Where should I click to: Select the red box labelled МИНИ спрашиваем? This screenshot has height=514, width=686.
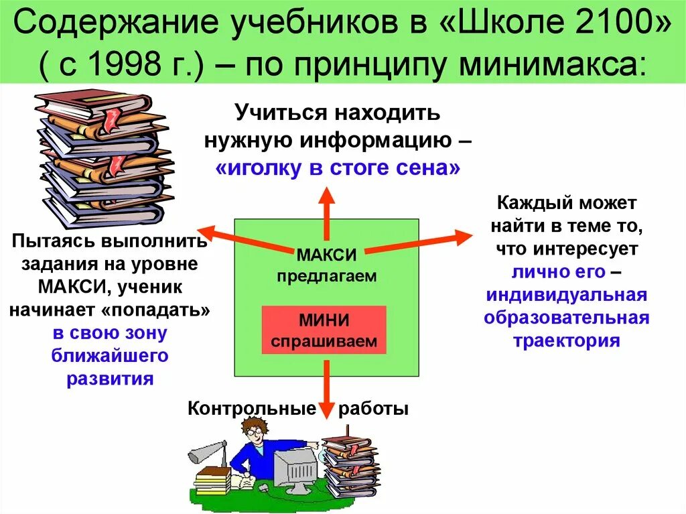pyautogui.click(x=324, y=330)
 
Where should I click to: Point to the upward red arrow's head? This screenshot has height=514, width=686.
pyautogui.click(x=326, y=194)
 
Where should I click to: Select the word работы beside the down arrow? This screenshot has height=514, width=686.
pyautogui.click(x=373, y=408)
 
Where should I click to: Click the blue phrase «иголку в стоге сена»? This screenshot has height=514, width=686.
pyautogui.click(x=338, y=168)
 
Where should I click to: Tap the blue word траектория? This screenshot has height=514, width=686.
pyautogui.click(x=566, y=340)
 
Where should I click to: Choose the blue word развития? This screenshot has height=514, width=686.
pyautogui.click(x=110, y=378)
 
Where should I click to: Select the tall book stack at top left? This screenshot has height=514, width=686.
pyautogui.click(x=100, y=161)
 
